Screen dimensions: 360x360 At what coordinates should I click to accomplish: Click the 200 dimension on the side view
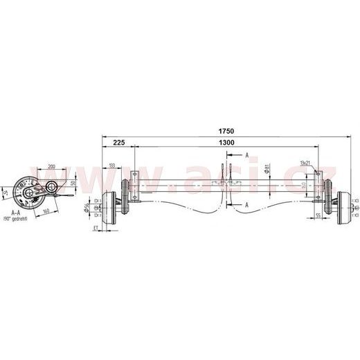pos(52,166)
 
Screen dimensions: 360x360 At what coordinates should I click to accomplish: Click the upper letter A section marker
pos(246,157)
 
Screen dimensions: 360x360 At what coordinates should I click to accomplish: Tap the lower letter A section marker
pos(246,206)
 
